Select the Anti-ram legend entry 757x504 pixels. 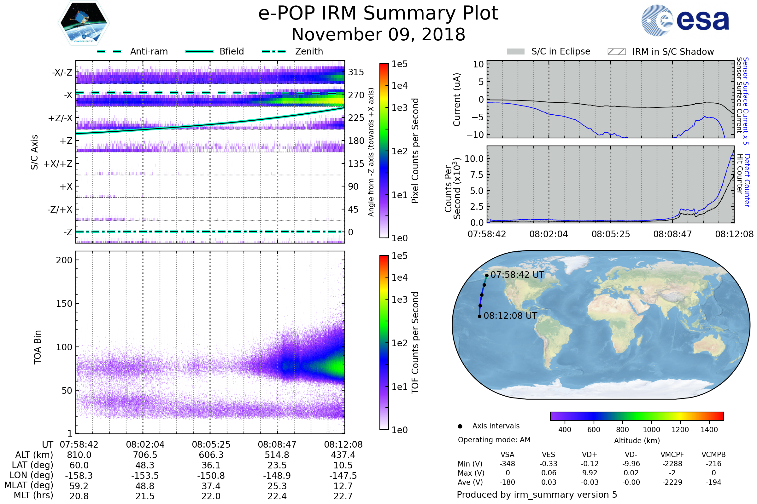pyautogui.click(x=149, y=51)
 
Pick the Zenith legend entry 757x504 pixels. pyautogui.click(x=309, y=51)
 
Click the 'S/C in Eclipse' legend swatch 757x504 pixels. pyautogui.click(x=515, y=52)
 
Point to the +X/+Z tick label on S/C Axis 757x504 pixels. pyautogui.click(x=58, y=164)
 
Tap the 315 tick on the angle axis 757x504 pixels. pyautogui.click(x=356, y=72)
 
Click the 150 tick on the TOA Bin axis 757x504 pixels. pyautogui.click(x=64, y=304)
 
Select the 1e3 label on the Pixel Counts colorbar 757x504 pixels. pyautogui.click(x=399, y=108)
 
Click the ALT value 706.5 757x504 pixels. pyautogui.click(x=145, y=455)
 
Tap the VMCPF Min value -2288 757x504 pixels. pyautogui.click(x=672, y=464)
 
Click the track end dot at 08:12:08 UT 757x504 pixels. pyautogui.click(x=479, y=317)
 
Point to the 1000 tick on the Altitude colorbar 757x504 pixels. pyautogui.click(x=651, y=430)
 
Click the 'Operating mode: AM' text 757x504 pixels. pyautogui.click(x=494, y=440)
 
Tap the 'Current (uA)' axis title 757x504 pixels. pyautogui.click(x=457, y=100)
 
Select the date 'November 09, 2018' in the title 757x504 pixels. pyautogui.click(x=378, y=35)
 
